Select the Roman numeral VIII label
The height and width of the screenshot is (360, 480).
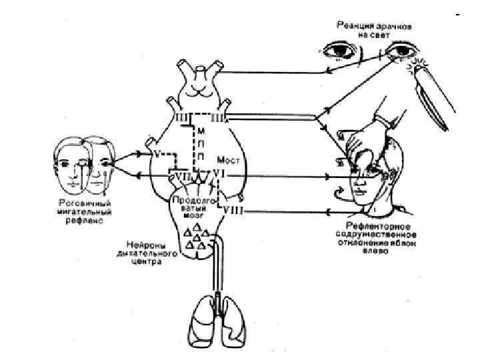click(x=232, y=211)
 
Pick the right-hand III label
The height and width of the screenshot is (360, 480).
click(x=218, y=119)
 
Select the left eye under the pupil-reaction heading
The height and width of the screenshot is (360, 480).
click(x=339, y=51)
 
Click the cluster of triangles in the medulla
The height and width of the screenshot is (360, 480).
click(x=198, y=237)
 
